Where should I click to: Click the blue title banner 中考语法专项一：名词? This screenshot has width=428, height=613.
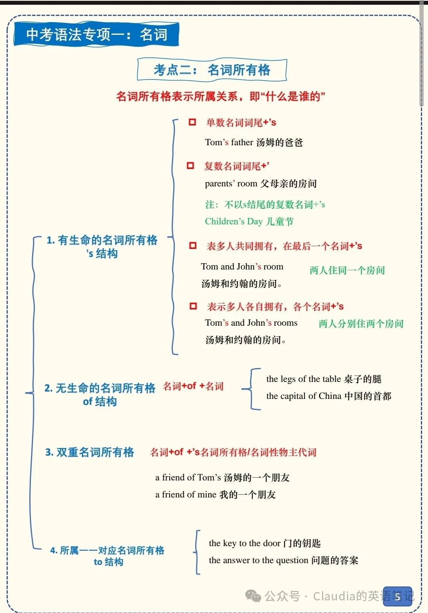(96, 34)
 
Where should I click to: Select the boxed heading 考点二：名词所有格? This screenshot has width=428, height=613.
(212, 70)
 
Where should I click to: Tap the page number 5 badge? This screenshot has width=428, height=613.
(397, 597)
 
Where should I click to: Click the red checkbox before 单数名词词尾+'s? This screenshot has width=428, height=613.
(192, 122)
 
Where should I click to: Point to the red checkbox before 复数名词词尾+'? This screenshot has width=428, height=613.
(190, 165)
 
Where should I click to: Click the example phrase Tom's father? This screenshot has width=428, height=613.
(229, 142)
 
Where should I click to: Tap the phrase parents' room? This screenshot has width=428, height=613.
(231, 184)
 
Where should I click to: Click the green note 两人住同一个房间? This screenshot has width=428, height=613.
(347, 270)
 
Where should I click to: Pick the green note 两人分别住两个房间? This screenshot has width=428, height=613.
(361, 324)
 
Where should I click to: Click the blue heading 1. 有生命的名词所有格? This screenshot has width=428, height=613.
(102, 240)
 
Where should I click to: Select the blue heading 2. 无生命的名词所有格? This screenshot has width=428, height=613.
(100, 388)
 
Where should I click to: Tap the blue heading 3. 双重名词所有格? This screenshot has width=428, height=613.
(90, 452)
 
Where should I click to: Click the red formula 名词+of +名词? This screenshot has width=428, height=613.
(193, 386)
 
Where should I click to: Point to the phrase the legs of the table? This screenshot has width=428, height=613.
(304, 379)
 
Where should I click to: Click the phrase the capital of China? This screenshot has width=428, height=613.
(304, 396)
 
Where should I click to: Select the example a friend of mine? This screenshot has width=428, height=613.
(185, 495)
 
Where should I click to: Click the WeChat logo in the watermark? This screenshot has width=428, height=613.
(253, 596)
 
